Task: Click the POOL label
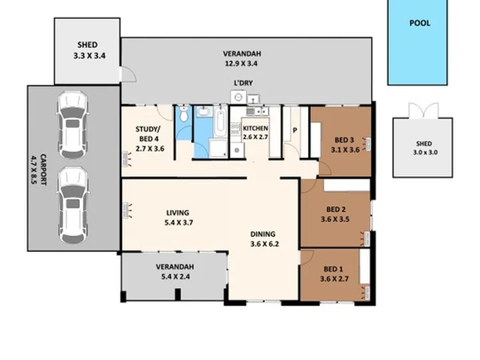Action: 420,23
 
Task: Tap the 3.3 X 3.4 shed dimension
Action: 89,56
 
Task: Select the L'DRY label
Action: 243,83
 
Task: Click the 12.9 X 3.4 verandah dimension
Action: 241,64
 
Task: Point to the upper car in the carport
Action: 73,125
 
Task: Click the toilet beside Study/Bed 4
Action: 184,114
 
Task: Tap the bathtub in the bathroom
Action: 220,121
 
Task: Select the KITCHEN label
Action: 255,128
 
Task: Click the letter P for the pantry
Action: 295,131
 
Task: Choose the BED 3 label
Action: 344,140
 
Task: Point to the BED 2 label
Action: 336,209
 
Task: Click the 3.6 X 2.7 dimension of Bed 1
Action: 334,279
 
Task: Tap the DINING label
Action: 263,234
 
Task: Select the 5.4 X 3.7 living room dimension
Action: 179,223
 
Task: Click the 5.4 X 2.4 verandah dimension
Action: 176,277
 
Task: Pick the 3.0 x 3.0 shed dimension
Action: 425,153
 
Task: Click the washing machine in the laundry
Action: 238,97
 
